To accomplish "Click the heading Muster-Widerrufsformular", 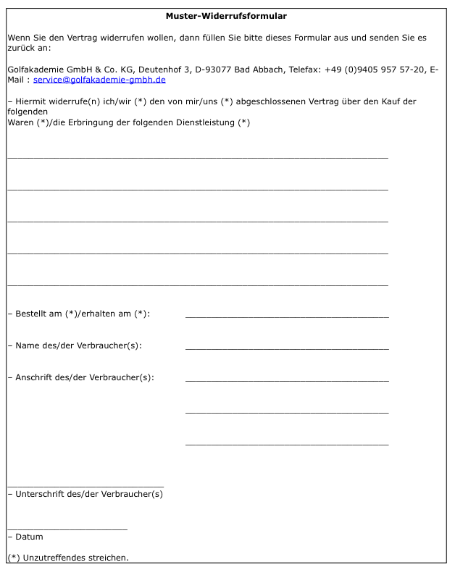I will click(226, 15).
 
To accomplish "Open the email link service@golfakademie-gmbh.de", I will click(99, 80).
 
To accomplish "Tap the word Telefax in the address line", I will click(305, 70).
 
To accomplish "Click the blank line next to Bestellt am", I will click(287, 317).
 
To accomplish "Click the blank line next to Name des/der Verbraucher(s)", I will click(287, 348).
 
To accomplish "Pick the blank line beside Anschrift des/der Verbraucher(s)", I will click(287, 380).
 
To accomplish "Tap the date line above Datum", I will click(67, 529).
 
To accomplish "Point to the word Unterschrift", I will click(40, 494).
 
